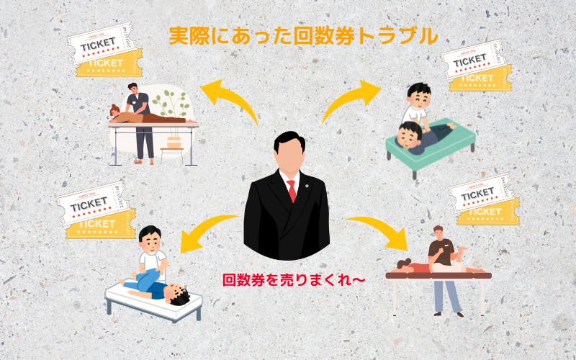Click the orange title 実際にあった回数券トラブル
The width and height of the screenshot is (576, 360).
point(302,36)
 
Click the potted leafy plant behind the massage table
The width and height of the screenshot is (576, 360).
point(172,108)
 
